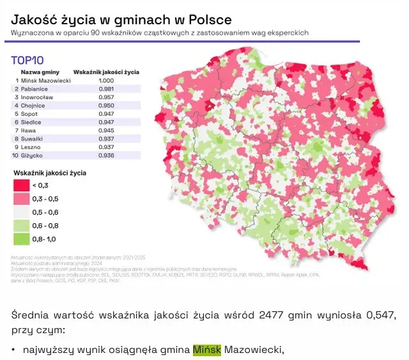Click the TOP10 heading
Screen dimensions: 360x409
point(27,61)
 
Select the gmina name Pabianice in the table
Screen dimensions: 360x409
point(35,89)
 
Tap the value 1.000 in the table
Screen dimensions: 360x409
point(106,81)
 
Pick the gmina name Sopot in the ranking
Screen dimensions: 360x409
point(29,113)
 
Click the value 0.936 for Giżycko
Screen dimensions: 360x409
point(106,155)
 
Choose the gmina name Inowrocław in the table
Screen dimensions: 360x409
point(37,97)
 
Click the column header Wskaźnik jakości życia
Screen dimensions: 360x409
point(106,72)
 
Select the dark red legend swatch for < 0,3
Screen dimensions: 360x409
point(20,185)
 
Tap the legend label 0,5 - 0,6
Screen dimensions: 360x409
point(45,212)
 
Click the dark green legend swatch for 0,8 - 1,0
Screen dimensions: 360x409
point(20,239)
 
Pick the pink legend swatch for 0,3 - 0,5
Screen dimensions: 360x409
point(20,199)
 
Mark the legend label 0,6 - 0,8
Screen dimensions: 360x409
point(45,226)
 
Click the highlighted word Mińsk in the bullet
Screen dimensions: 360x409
point(206,350)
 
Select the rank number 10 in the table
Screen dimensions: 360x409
point(15,155)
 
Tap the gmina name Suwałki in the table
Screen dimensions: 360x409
point(33,138)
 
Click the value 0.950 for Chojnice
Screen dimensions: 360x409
point(106,106)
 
